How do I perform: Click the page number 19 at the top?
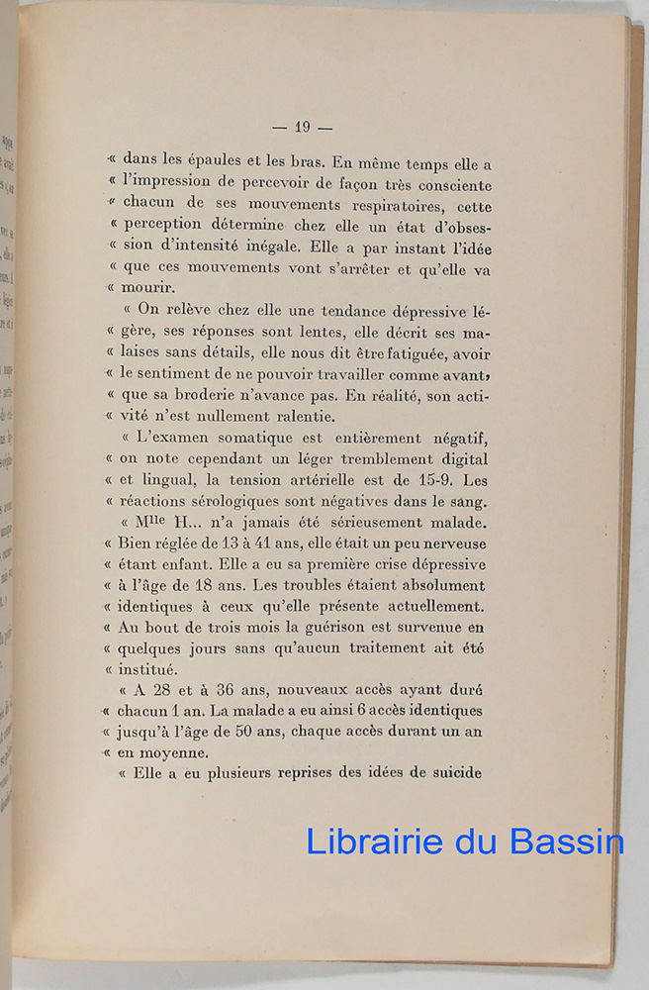pyautogui.click(x=303, y=126)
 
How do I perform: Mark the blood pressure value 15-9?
pyautogui.click(x=435, y=481)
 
